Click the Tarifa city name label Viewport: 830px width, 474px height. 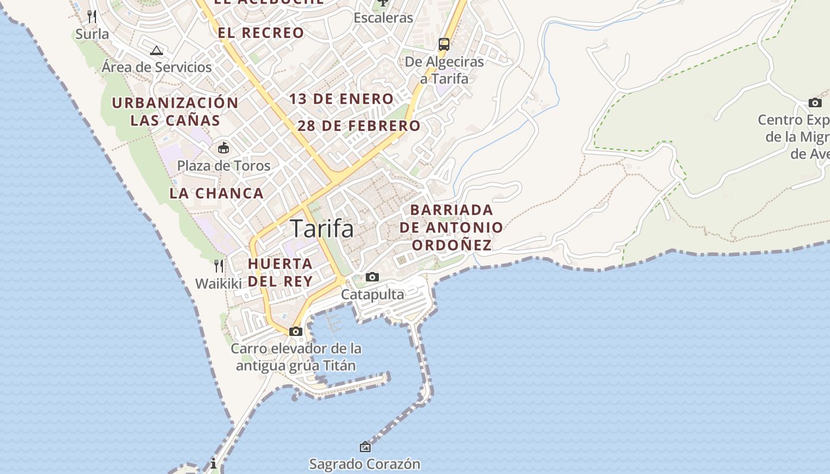322,229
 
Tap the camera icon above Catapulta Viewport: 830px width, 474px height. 372,277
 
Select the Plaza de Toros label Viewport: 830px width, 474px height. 224,166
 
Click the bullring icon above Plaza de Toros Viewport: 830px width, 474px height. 224,148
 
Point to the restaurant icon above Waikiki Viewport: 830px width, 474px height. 219,265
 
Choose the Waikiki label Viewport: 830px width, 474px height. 219,284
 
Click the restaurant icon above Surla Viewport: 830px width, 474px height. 92,16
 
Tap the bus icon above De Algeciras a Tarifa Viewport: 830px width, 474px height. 444,44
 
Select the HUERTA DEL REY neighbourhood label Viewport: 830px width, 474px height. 280,273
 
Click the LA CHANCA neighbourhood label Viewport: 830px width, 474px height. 216,193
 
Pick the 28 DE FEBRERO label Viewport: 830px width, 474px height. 359,126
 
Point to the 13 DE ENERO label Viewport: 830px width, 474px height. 341,99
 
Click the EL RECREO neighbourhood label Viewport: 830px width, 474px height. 261,33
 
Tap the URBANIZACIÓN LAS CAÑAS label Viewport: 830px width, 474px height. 175,111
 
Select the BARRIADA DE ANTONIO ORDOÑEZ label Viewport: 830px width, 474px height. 451,228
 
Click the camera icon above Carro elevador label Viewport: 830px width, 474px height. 296,331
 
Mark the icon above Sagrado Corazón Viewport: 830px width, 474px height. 365,447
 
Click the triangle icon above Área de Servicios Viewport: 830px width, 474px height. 157,50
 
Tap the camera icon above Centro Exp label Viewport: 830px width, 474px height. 815,103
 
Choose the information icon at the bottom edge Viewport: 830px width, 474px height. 213,463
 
